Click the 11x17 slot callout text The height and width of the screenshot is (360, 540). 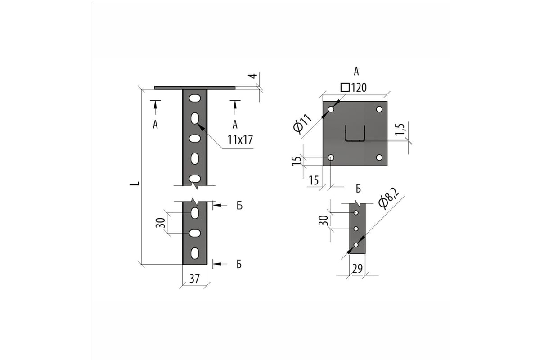pyautogui.click(x=240, y=140)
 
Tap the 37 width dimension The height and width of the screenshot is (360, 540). pyautogui.click(x=194, y=279)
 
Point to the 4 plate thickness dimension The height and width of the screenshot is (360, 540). pyautogui.click(x=252, y=76)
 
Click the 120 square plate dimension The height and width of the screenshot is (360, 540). pyautogui.click(x=354, y=88)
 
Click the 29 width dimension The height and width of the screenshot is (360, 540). pyautogui.click(x=357, y=269)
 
